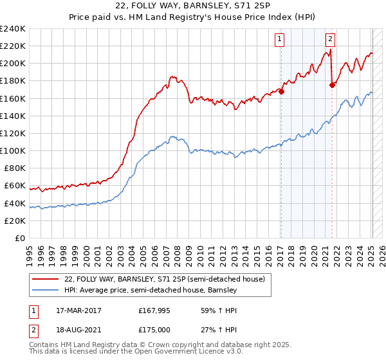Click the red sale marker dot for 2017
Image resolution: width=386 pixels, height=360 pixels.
click(282, 91)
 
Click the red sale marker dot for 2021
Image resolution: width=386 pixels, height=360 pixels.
click(332, 84)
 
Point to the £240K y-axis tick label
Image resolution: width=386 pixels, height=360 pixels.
click(12, 29)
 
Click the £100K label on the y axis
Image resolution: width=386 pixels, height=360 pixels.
click(12, 150)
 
